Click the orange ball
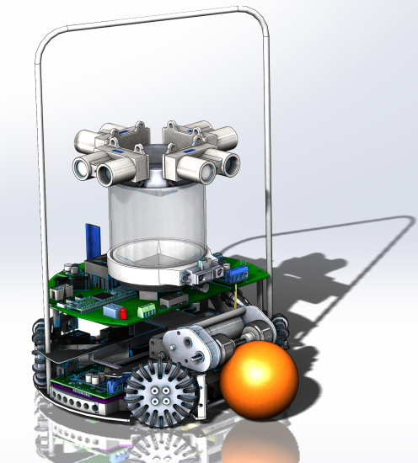click(x=260, y=381)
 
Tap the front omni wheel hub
click(x=160, y=393)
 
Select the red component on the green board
click(x=123, y=311)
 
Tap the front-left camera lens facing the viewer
click(x=110, y=174)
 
